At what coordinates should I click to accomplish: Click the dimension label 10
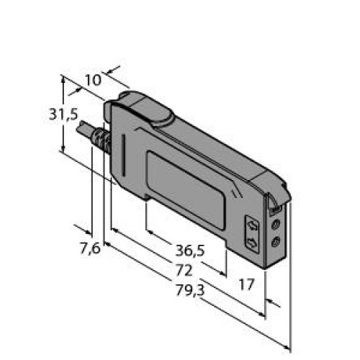94,80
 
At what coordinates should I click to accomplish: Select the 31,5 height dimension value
63,114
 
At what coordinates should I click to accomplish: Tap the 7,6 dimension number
90,248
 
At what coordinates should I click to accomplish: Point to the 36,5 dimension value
190,251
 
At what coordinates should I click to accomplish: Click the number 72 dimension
184,270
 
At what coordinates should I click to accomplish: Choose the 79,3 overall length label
190,290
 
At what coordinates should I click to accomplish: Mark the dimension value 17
246,284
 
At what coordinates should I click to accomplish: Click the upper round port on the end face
275,225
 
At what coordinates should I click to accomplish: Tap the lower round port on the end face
276,241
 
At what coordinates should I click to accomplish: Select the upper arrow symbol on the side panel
253,226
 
